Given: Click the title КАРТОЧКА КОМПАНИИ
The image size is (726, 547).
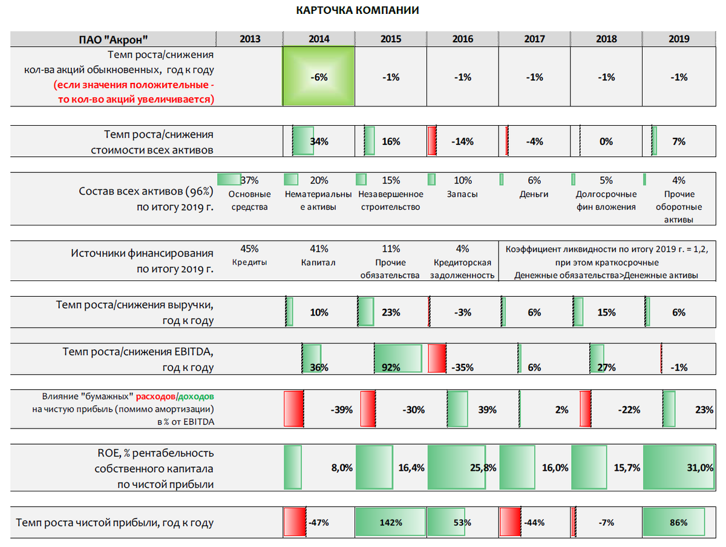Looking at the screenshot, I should pyautogui.click(x=358, y=11).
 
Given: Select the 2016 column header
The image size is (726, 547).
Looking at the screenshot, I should pyautogui.click(x=463, y=39).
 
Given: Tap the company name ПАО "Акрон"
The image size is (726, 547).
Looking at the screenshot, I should pyautogui.click(x=114, y=39).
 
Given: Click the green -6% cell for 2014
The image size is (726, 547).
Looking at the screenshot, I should pyautogui.click(x=319, y=77).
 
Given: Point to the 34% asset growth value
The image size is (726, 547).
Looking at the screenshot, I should pyautogui.click(x=319, y=141).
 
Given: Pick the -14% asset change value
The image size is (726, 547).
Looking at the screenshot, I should pyautogui.click(x=462, y=141).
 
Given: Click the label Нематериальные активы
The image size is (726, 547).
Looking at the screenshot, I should pyautogui.click(x=318, y=201).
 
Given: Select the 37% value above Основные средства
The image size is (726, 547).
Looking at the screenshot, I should pyautogui.click(x=249, y=180).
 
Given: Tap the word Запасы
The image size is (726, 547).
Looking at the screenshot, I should pyautogui.click(x=463, y=195).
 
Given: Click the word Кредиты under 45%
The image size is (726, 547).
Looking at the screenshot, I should pyautogui.click(x=249, y=263).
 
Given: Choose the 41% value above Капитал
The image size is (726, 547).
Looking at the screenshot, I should pyautogui.click(x=319, y=248).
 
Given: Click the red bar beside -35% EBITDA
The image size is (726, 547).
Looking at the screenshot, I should pyautogui.click(x=437, y=358).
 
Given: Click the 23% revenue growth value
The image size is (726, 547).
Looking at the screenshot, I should pyautogui.click(x=391, y=312).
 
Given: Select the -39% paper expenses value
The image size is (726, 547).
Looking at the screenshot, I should pyautogui.click(x=342, y=409).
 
